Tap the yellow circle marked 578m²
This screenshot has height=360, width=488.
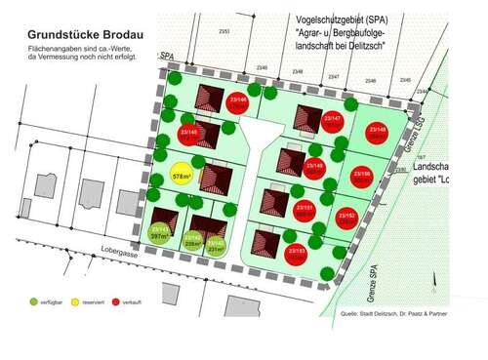182,177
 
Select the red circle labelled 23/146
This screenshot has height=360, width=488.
237,102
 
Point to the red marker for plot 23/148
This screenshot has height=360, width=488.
378,134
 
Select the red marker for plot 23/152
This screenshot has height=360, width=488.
346,218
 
